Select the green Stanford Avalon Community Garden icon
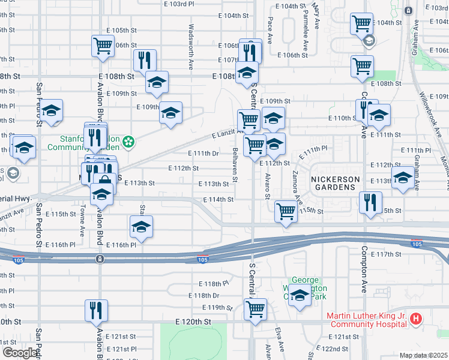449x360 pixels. (x=128, y=142)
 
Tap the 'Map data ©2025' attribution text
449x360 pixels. (x=424, y=355)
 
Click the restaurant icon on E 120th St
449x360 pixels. (x=96, y=310)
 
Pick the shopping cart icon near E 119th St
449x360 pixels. (x=256, y=310)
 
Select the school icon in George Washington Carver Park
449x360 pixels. (x=299, y=296)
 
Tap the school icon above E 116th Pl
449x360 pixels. (x=141, y=226)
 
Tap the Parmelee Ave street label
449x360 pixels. (x=306, y=28)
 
